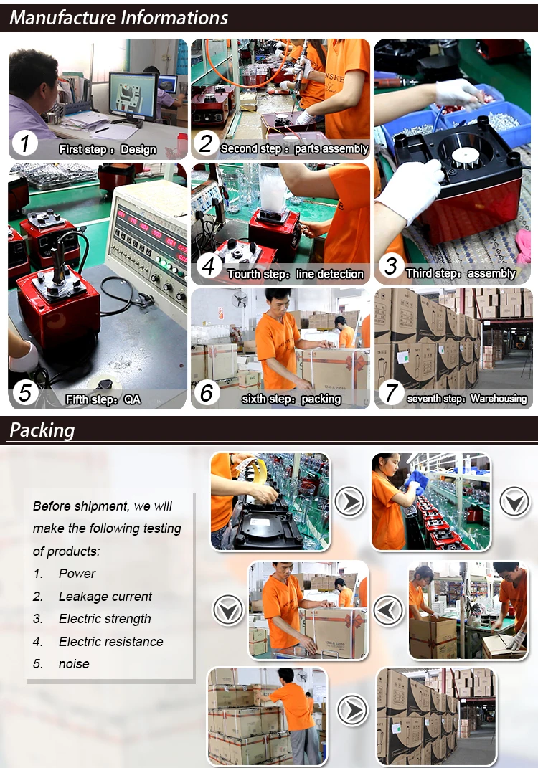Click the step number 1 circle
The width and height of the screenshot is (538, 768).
[x=24, y=144]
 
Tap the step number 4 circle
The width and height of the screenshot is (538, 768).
[x=209, y=266]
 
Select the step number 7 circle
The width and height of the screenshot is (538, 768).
[x=391, y=393]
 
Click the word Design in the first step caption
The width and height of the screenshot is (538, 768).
[x=138, y=149]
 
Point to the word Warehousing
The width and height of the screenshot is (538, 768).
[x=499, y=399]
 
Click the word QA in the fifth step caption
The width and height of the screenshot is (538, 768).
[x=132, y=399]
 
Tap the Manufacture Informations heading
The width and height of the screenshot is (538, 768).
[x=118, y=18]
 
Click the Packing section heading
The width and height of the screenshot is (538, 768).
[x=42, y=430]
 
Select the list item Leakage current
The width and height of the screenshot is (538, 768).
[x=105, y=596]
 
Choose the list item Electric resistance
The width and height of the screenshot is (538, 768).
[x=110, y=641]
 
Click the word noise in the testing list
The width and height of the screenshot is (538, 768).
[x=74, y=664]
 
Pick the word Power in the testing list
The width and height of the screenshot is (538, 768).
[x=77, y=573]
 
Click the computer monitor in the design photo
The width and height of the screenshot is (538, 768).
[x=133, y=96]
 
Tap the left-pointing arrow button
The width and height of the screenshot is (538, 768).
[x=389, y=610]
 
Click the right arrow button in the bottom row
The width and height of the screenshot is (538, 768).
[x=351, y=710]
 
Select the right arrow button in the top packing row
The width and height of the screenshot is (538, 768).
[x=349, y=501]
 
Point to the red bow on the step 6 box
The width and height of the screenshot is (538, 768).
[x=355, y=363]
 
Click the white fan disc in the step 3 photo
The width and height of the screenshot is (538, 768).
[x=465, y=156]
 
